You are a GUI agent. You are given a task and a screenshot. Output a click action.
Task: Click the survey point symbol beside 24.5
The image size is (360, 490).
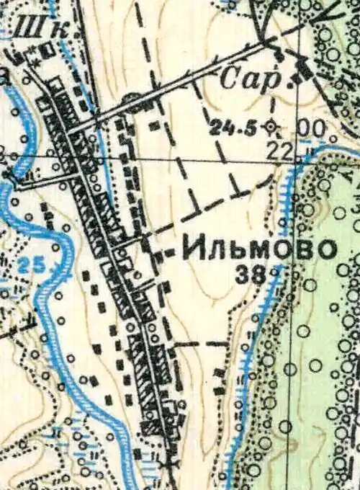click(x=271, y=128)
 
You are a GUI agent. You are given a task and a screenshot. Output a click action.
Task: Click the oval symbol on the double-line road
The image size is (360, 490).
click(x=130, y=98)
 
